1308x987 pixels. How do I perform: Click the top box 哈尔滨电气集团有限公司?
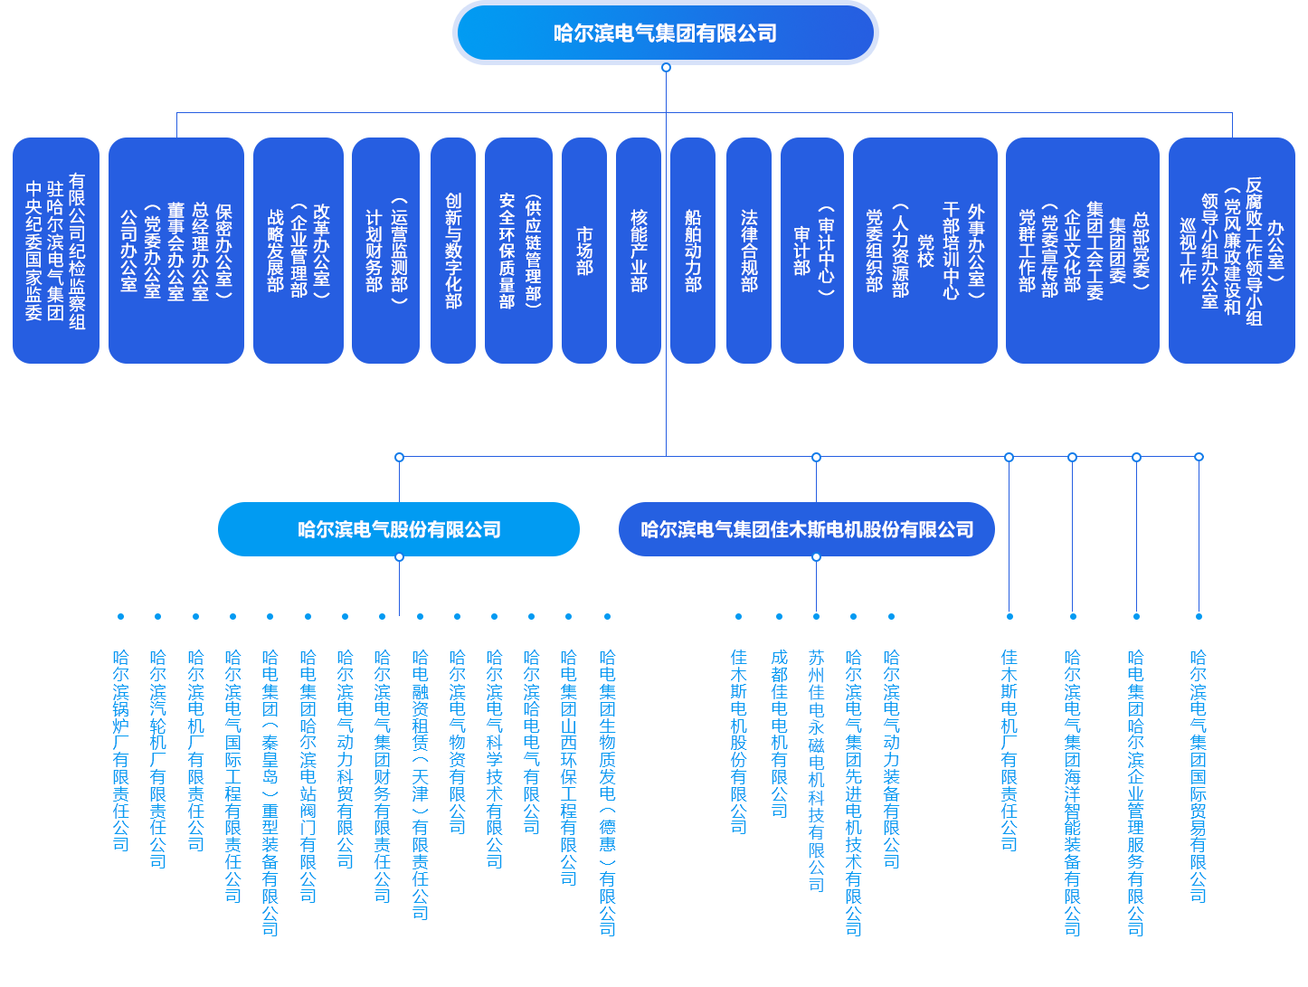[665, 33]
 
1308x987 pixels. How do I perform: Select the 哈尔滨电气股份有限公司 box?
[399, 529]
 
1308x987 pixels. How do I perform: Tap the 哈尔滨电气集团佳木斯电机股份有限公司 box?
[807, 529]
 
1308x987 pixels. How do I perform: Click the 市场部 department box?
[584, 251]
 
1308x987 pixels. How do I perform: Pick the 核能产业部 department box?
[639, 251]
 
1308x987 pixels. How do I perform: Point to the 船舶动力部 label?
[693, 251]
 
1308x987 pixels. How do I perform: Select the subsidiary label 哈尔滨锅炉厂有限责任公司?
[121, 750]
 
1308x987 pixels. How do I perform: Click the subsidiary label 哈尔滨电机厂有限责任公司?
[196, 750]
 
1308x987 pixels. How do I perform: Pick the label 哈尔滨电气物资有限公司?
[458, 742]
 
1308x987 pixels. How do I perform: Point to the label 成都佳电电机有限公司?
[780, 734]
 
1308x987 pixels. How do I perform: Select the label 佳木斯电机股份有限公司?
[739, 742]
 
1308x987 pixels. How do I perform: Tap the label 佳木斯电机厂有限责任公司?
[1009, 750]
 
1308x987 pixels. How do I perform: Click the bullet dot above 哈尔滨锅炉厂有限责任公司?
[121, 617]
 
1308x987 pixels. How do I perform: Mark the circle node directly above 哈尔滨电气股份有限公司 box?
[399, 458]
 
